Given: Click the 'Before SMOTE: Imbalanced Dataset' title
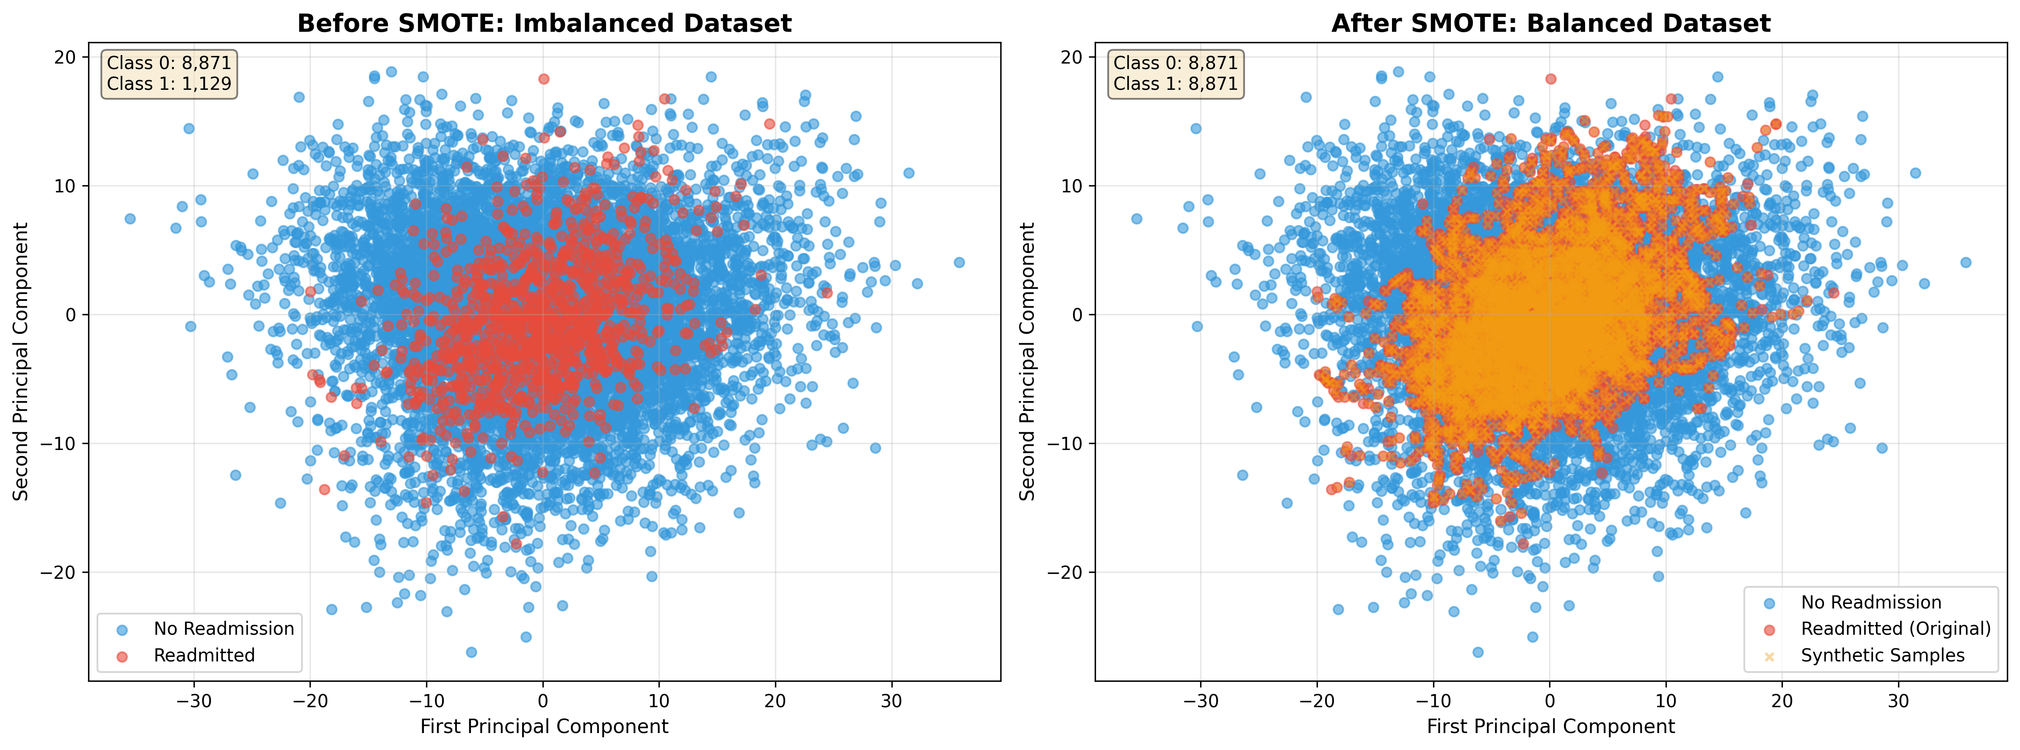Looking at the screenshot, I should [544, 24].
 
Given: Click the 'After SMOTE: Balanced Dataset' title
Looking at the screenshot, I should [1550, 24].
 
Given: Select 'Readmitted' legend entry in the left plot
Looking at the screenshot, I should [204, 655].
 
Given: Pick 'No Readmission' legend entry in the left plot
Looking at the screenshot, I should [224, 628].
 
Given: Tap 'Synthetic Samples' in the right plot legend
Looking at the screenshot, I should [1882, 655].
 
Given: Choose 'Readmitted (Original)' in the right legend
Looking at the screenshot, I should [1895, 628].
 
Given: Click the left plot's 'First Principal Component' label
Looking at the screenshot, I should [544, 726].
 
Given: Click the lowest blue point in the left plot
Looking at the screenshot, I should [471, 652].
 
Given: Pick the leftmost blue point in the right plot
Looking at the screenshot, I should [1136, 219].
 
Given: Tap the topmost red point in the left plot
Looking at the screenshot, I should [543, 78].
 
